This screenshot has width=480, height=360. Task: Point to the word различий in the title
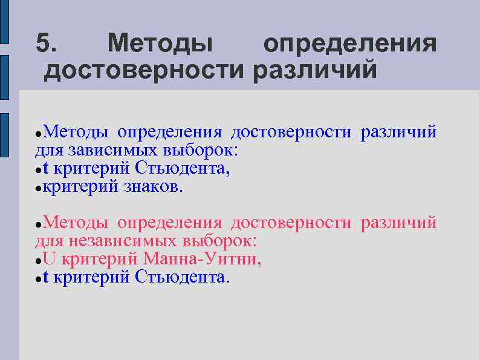[x=315, y=71]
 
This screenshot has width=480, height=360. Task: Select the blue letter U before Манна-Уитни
[x=49, y=260]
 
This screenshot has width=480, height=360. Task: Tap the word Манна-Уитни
[x=203, y=260]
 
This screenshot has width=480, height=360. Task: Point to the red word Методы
[x=76, y=223]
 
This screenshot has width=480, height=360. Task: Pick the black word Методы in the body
[x=76, y=131]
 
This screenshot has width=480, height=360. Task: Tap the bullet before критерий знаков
[x=38, y=188]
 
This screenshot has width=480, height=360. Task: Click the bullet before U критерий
[x=38, y=261]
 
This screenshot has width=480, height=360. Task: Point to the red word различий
[x=398, y=223]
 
